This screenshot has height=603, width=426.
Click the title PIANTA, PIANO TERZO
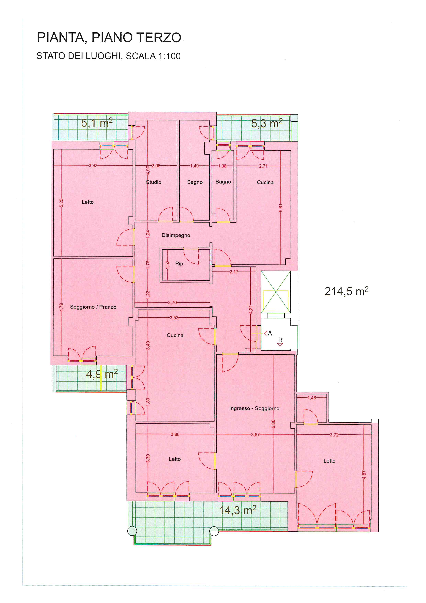pyautogui.click(x=109, y=37)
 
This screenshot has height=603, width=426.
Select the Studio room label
pyautogui.click(x=154, y=182)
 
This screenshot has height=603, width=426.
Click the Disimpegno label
pyautogui.click(x=176, y=235)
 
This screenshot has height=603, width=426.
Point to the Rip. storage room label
pyautogui.click(x=180, y=264)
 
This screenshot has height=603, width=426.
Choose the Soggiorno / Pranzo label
pyautogui.click(x=93, y=307)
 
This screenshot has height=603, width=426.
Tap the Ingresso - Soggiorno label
pyautogui.click(x=254, y=408)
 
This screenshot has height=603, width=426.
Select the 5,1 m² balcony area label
pyautogui.click(x=97, y=123)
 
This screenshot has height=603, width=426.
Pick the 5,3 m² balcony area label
pyautogui.click(x=267, y=123)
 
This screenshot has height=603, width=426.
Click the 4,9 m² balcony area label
pyautogui.click(x=102, y=374)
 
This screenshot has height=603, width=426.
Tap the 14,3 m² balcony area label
pyautogui.click(x=237, y=510)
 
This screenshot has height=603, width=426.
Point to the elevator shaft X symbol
pyautogui.click(x=276, y=292)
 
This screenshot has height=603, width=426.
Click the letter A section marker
pyautogui.click(x=270, y=334)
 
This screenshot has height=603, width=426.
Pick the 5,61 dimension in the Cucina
pyautogui.click(x=281, y=208)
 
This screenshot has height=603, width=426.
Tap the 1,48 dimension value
pyautogui.click(x=312, y=398)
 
